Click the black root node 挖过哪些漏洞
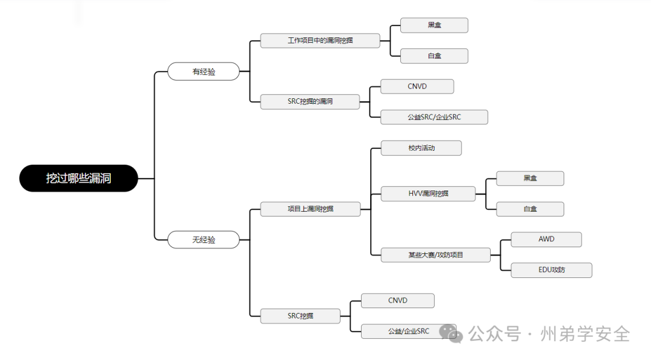pos(78,178)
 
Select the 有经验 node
pos(204,71)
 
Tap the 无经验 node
pos(204,239)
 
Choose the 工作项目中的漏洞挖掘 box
pos(320,40)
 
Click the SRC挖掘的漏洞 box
pos(310,101)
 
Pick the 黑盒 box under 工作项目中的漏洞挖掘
pos(435,25)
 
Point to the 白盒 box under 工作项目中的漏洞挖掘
pos(435,56)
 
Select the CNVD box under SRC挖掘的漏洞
pos(417,86)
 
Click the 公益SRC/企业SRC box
pos(434,117)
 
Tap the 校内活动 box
pos(421,148)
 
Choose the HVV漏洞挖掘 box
pos(428,194)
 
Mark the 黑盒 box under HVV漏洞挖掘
pos(530,178)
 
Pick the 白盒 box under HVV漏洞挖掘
pos(530,209)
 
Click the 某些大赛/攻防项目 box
pos(435,254)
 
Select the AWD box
pos(546,239)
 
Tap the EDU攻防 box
pos(552,270)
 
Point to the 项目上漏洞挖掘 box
pos(310,209)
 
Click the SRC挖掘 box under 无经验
pos(300,315)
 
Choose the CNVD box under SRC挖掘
pos(397,300)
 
